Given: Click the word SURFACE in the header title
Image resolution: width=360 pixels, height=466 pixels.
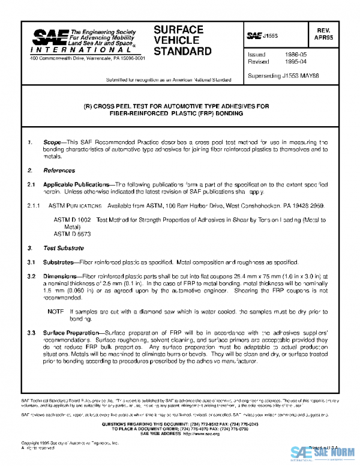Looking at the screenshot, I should tap(178, 29).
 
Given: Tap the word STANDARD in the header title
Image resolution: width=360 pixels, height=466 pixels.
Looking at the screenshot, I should tap(183, 51).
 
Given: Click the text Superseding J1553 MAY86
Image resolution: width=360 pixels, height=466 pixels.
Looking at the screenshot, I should tap(282, 76).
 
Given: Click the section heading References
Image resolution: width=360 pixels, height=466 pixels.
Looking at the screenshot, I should tap(59, 171).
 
